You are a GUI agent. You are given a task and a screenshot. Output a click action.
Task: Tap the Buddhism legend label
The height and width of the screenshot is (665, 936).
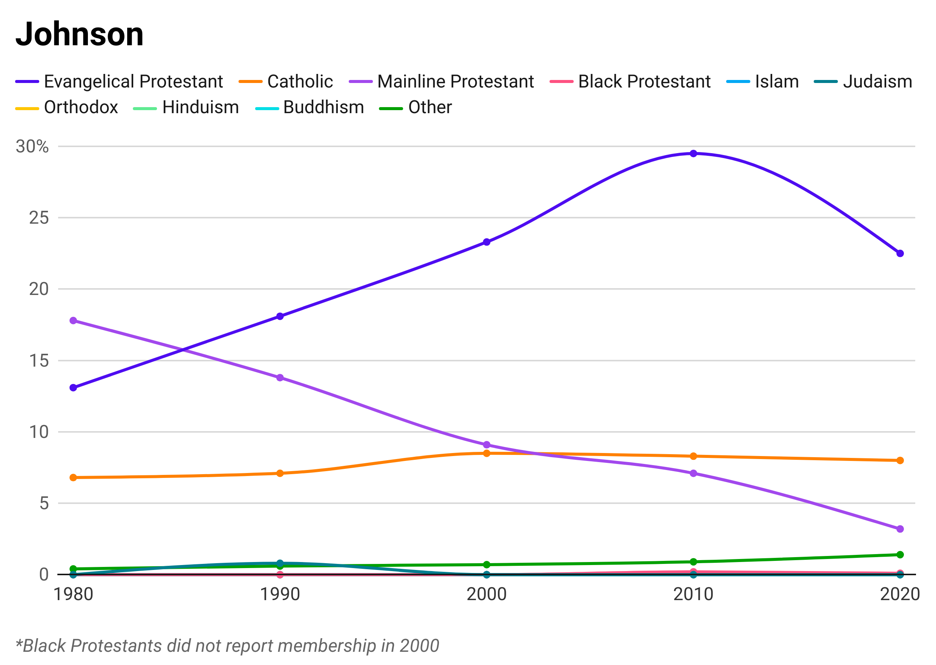point(323,106)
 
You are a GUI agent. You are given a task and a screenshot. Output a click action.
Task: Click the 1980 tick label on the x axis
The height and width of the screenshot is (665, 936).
point(73,591)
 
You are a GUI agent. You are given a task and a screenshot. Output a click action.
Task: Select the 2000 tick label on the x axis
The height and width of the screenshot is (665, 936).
point(486,591)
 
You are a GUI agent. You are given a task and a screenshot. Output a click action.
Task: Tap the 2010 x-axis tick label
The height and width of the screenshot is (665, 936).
point(693,591)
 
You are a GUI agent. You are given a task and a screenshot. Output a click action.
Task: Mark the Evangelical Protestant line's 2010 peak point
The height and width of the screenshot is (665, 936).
point(693,168)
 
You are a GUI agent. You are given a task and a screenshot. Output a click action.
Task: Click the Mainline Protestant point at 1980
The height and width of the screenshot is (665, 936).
point(73,323)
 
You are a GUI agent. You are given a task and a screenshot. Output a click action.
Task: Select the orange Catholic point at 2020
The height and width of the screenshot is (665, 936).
point(900,464)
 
